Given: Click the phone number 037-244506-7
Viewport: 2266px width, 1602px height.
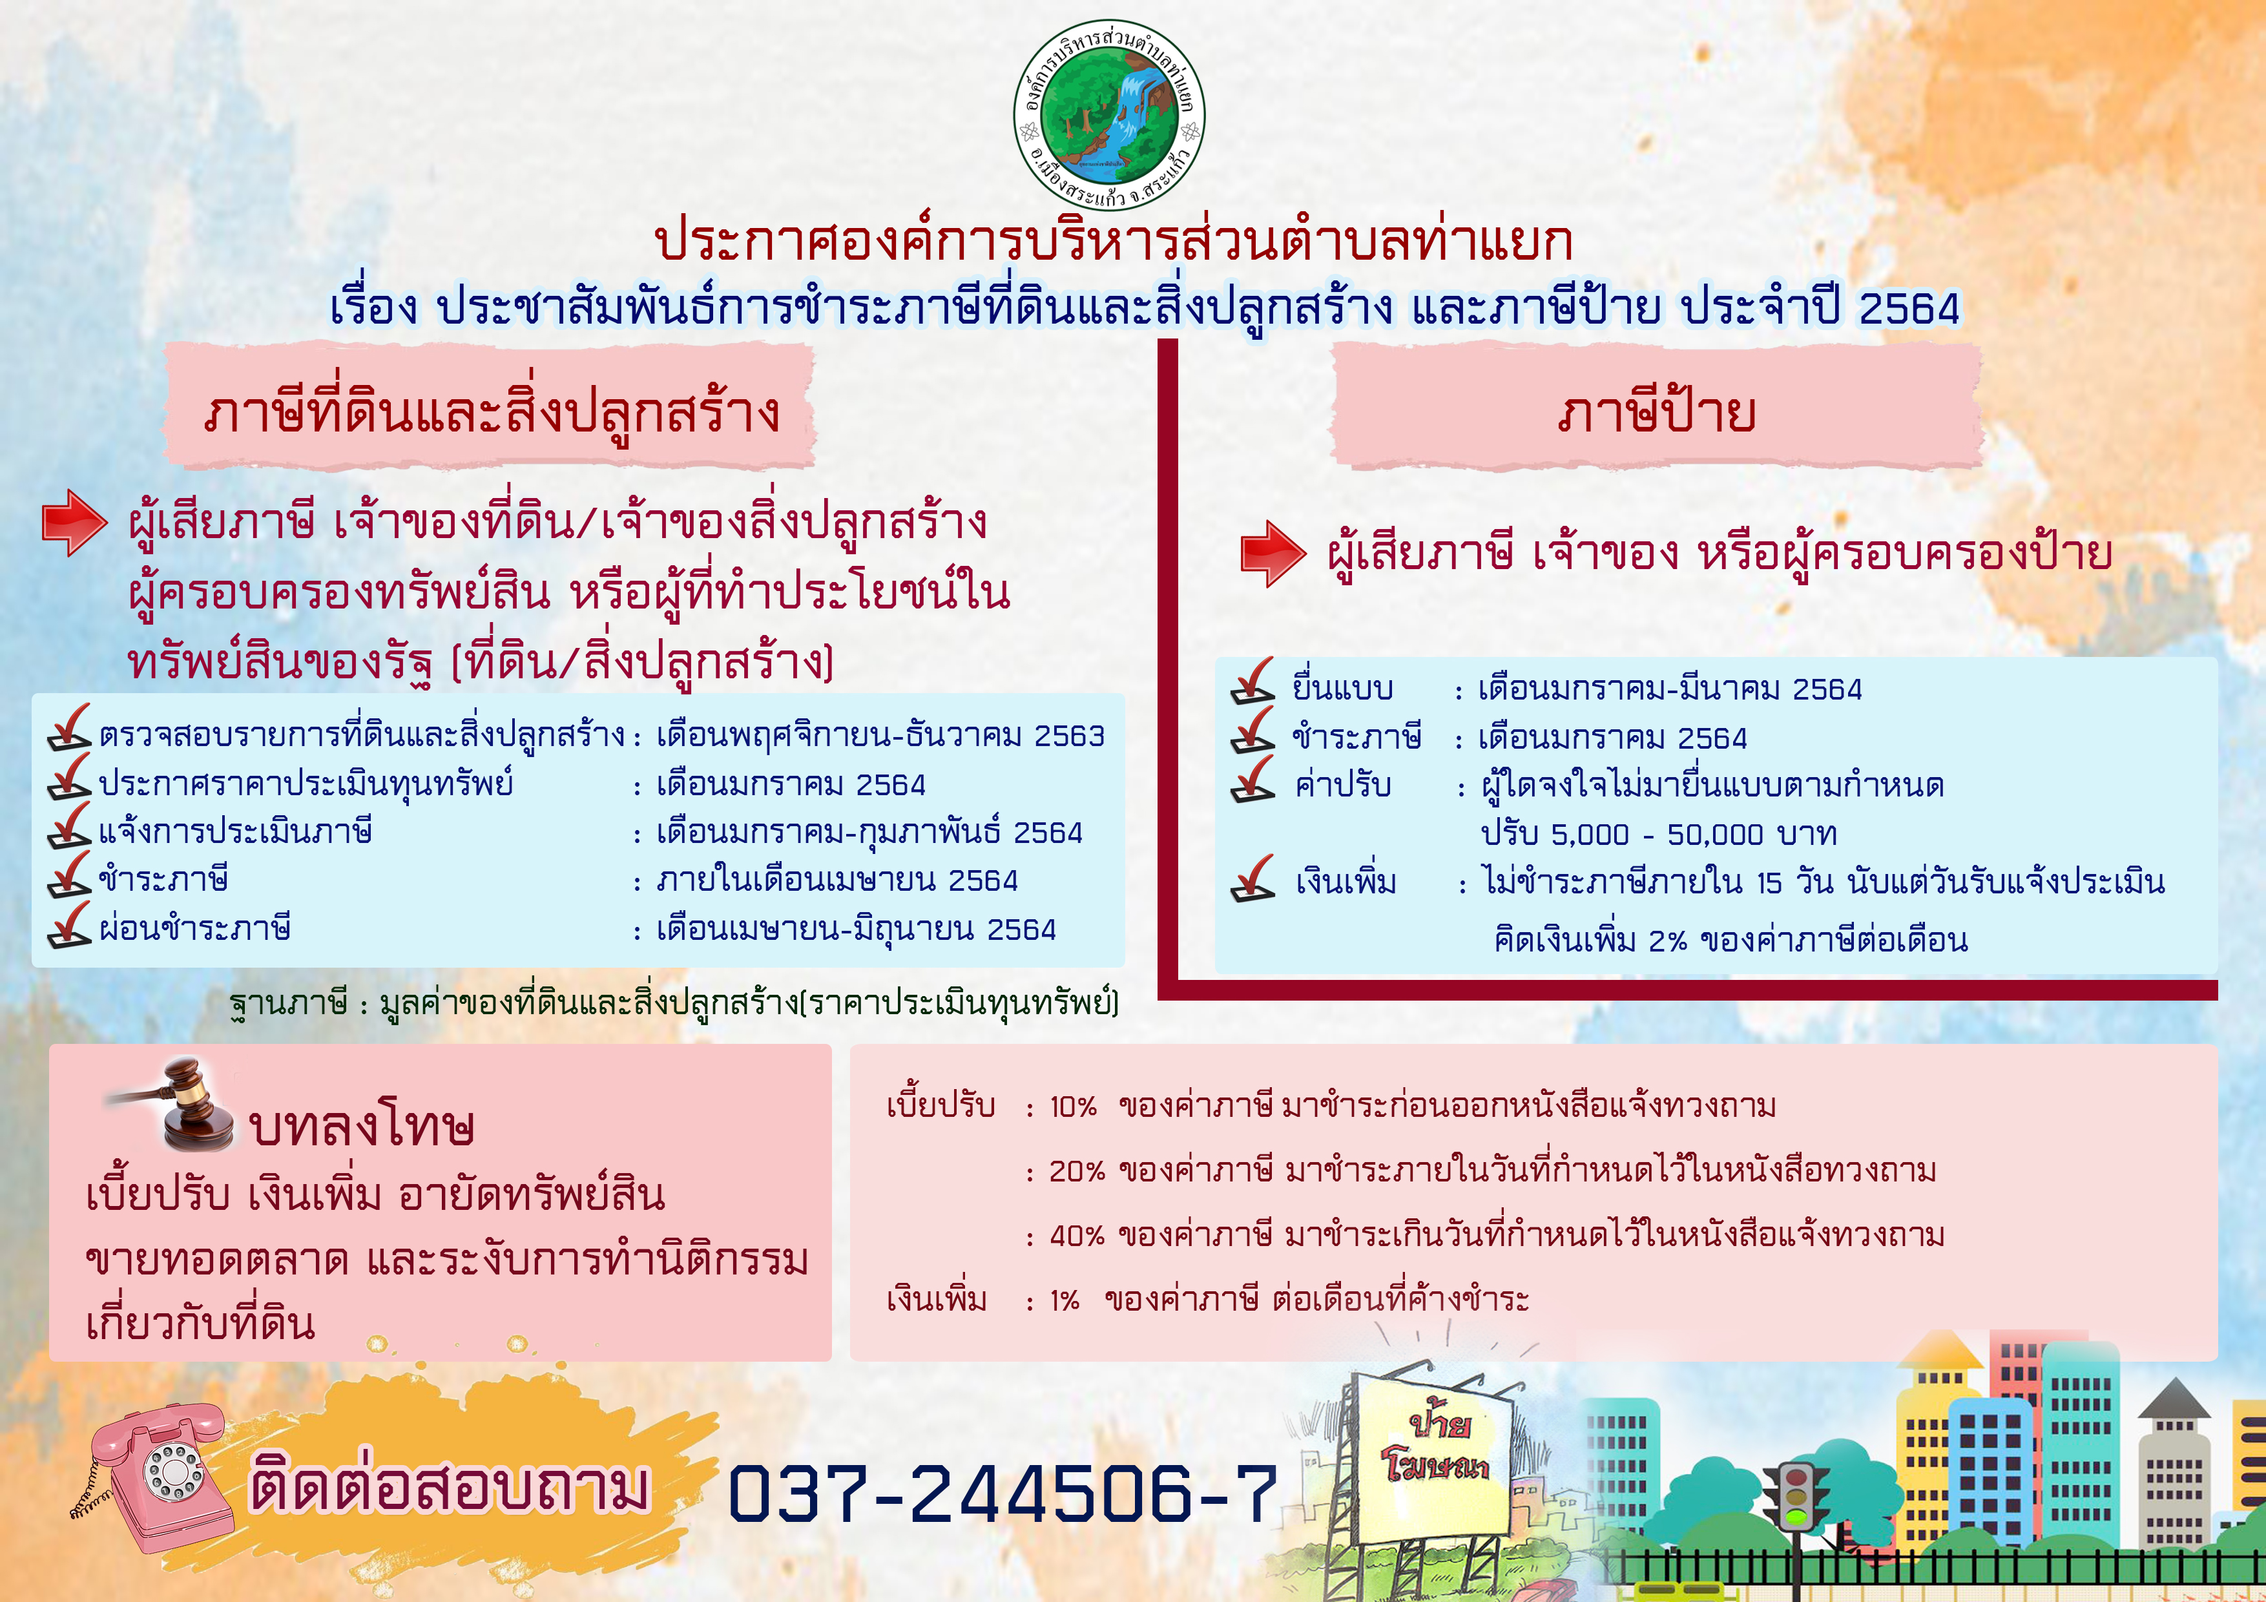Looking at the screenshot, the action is pyautogui.click(x=1003, y=1492).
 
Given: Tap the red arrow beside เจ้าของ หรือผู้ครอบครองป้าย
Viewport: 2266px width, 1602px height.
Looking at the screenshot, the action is pyautogui.click(x=1273, y=554).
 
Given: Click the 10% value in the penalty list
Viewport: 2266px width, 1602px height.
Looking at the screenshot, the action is pyautogui.click(x=1073, y=1107).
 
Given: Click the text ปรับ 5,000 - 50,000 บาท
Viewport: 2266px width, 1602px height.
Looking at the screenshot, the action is pyautogui.click(x=1658, y=834).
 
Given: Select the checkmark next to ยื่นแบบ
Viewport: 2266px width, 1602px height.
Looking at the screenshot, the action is pyautogui.click(x=1253, y=681).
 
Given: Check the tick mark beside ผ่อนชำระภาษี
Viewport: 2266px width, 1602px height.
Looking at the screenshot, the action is pyautogui.click(x=69, y=925).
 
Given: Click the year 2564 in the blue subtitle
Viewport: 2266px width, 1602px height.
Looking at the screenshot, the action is pyautogui.click(x=1909, y=309).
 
